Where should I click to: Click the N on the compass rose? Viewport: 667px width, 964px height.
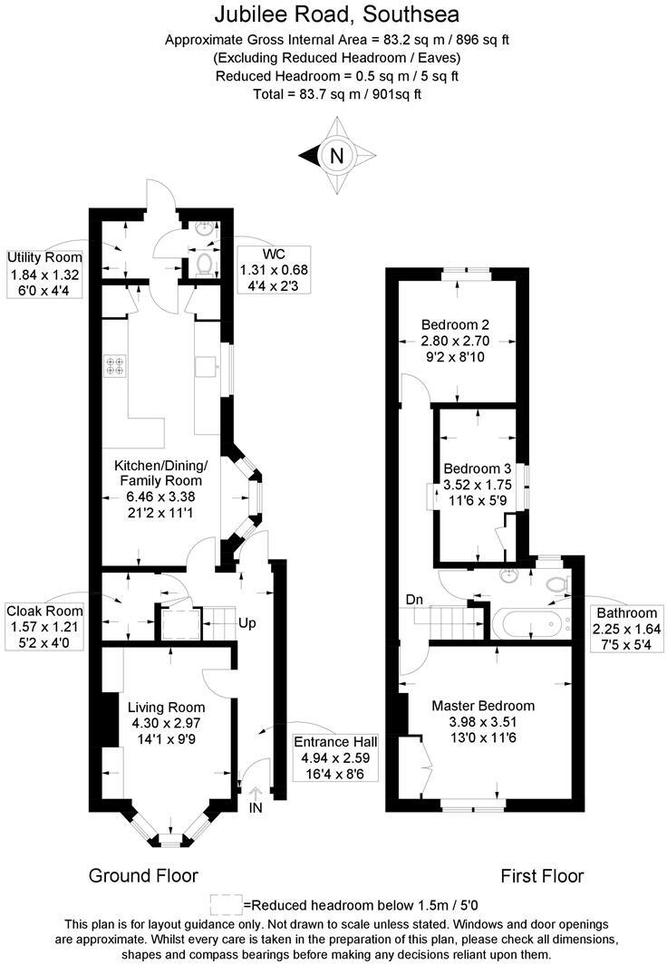337,156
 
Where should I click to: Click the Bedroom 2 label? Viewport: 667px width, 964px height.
457,324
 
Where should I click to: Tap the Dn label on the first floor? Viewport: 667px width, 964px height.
415,599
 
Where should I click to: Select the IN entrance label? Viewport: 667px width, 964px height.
255,807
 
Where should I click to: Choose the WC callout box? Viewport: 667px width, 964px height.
274,269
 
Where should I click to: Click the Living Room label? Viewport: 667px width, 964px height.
166,707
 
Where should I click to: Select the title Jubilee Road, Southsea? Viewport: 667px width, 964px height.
337,14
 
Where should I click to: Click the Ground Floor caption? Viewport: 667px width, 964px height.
143,875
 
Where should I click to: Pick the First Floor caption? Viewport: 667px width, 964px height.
542,875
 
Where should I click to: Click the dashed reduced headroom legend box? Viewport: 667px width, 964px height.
226,903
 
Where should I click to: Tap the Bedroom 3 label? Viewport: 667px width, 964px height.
478,469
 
